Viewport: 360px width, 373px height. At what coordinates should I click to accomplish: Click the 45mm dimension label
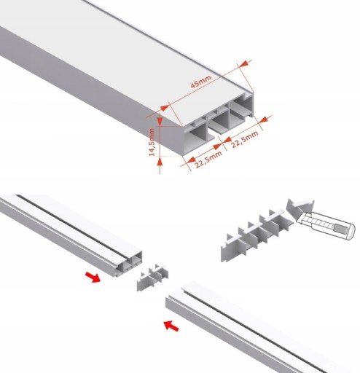(x=201, y=82)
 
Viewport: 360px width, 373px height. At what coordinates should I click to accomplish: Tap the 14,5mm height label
(x=152, y=142)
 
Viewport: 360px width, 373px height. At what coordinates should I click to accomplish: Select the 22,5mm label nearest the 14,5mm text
(x=208, y=159)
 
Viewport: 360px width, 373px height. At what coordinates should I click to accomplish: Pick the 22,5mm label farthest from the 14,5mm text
(x=244, y=139)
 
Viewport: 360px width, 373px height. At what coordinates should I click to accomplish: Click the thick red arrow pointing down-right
(x=93, y=277)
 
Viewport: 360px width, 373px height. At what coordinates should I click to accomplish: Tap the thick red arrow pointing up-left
(x=171, y=326)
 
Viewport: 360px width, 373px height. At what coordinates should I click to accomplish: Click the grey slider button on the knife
(x=339, y=228)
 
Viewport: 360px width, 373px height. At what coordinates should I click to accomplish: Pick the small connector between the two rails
(x=152, y=278)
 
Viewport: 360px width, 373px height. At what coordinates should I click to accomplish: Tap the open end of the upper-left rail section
(x=128, y=264)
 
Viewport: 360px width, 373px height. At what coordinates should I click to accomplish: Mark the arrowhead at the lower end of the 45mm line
(x=165, y=108)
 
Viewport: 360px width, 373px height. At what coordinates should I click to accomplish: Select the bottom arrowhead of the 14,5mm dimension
(x=160, y=161)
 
